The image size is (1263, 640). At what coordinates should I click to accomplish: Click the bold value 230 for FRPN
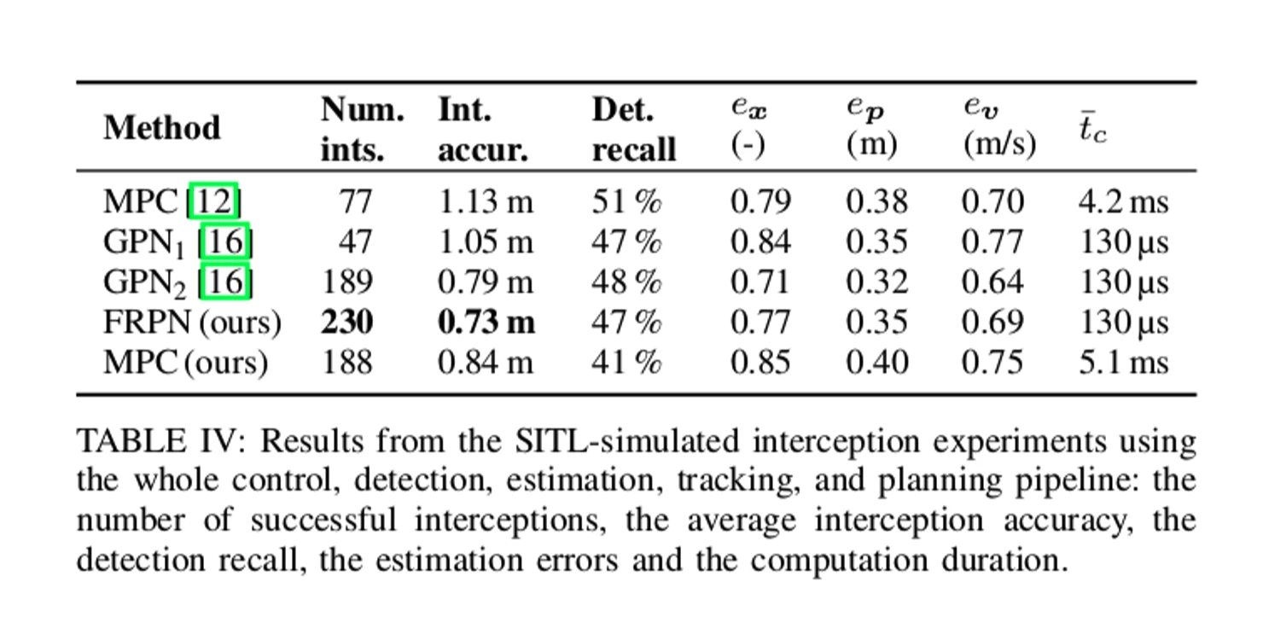coord(346,323)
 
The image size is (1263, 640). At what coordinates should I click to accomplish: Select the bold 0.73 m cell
coord(486,323)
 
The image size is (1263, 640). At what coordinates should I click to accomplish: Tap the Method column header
coord(161,128)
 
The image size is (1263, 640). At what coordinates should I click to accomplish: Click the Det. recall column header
coord(633,130)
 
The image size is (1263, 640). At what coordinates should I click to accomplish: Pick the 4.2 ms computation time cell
coord(1123,202)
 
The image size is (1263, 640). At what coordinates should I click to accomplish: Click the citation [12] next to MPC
coord(214,202)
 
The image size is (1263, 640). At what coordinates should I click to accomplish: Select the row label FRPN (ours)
coord(191,323)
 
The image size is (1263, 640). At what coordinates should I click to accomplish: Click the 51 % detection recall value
coord(626,202)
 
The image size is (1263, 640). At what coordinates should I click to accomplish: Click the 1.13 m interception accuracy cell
coord(485,202)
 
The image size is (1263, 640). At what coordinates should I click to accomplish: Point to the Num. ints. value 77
coord(356,202)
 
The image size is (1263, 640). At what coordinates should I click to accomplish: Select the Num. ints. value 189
coord(346,282)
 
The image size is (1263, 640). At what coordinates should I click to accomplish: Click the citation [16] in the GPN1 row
coord(225,242)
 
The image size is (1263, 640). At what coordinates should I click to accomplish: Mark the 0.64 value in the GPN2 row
coord(992,282)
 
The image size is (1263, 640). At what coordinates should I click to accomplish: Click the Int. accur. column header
coord(483,130)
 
